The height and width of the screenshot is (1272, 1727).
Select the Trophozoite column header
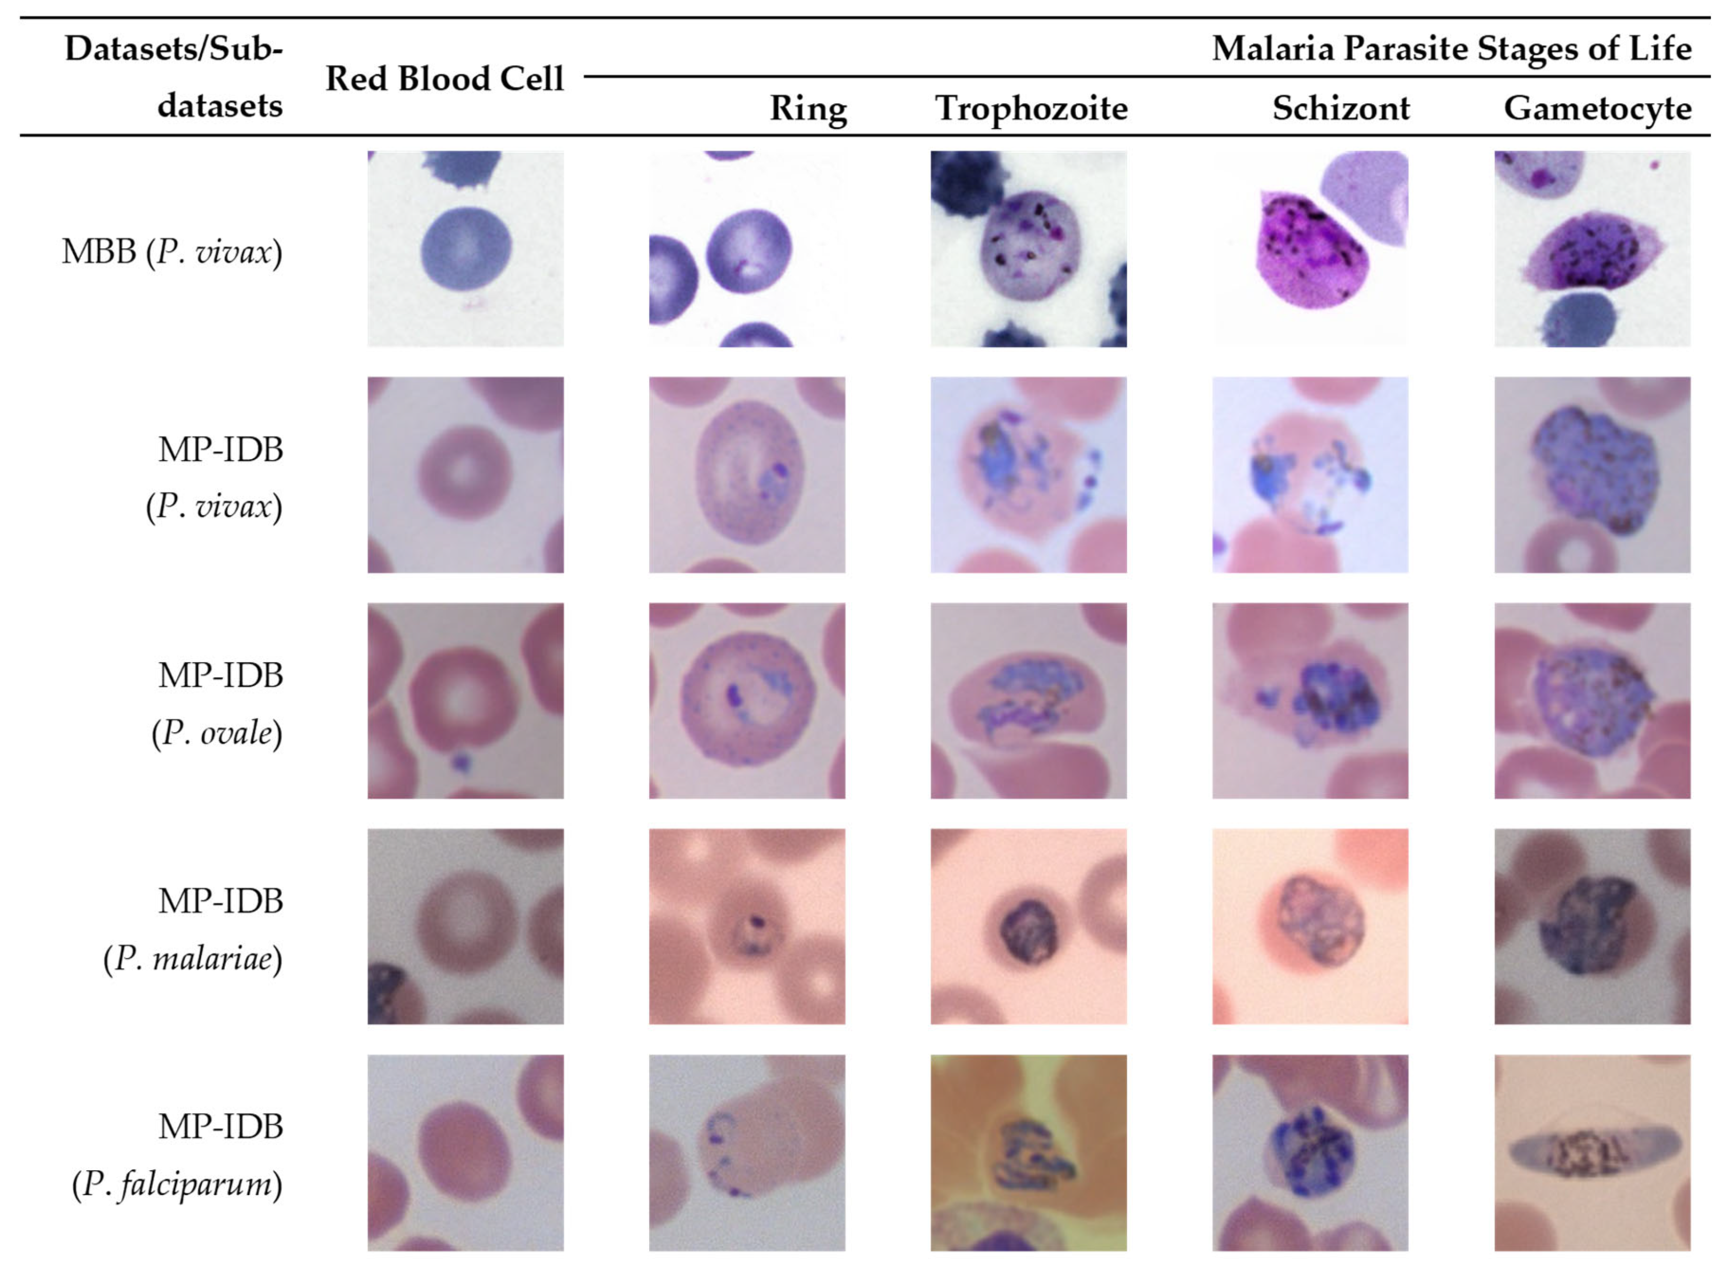click(x=1031, y=108)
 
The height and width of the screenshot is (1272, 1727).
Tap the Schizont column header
click(x=1340, y=108)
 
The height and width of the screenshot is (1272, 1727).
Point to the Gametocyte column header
click(x=1597, y=108)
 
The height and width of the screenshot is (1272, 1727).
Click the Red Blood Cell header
click(x=445, y=79)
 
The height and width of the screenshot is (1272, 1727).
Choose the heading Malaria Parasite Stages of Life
click(x=1452, y=48)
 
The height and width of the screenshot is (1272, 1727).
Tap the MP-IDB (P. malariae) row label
click(x=194, y=930)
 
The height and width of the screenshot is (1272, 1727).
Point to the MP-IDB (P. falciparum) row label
click(x=178, y=1155)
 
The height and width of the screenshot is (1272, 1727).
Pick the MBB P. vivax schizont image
click(x=1310, y=249)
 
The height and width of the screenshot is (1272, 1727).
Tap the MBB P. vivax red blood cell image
click(x=465, y=249)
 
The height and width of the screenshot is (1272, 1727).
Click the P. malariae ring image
click(x=746, y=926)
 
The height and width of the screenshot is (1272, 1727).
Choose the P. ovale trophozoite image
click(x=1028, y=701)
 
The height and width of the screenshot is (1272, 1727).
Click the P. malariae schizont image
click(x=1310, y=926)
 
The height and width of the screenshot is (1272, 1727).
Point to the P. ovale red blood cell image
click(x=465, y=701)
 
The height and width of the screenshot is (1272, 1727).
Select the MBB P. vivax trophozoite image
click(x=1028, y=249)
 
